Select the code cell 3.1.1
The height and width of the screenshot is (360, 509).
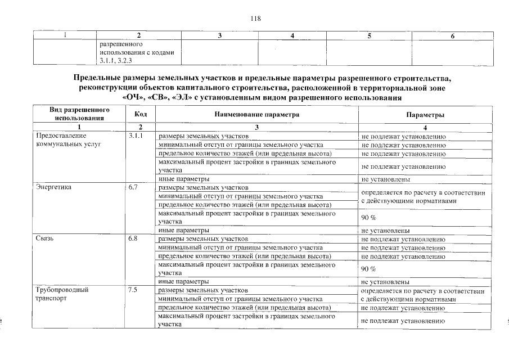pos(136,136)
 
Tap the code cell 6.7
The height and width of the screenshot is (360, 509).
pos(133,187)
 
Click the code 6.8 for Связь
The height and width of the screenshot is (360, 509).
pos(133,238)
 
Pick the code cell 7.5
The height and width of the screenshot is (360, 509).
pos(133,290)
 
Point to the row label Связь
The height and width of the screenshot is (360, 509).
pos(44,238)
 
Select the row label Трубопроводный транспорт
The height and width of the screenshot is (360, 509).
pos(62,294)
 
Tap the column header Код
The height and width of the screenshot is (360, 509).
pos(141,114)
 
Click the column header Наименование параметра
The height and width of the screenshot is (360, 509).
pos(256,114)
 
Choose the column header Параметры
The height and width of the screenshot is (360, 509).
pos(425,114)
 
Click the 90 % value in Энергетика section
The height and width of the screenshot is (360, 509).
pos(368,218)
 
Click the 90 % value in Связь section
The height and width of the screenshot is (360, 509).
pos(368,269)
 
